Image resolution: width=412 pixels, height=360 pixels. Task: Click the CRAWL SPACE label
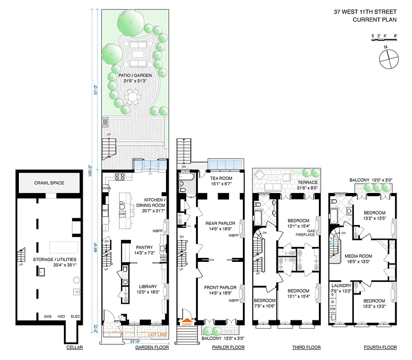click(49, 183)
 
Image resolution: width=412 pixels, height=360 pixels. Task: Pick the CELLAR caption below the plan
click(72, 347)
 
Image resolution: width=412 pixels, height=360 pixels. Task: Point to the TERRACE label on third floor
click(309, 182)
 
